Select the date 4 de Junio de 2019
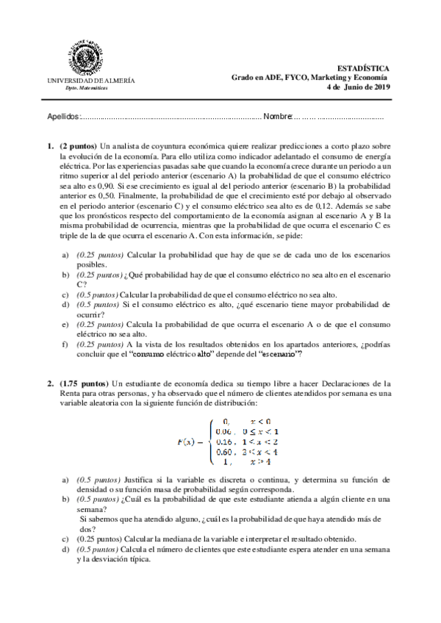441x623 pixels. [359, 87]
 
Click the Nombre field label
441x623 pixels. [278, 117]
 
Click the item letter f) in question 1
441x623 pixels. [65, 344]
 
